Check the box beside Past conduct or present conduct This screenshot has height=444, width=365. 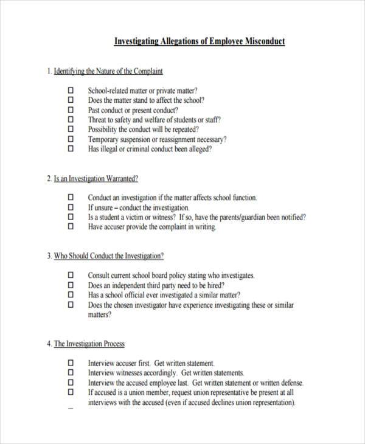(x=71, y=110)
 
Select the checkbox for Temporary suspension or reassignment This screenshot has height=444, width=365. (x=71, y=139)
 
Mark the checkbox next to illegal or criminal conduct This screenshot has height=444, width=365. (x=71, y=148)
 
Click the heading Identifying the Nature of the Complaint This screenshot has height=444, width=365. (x=108, y=71)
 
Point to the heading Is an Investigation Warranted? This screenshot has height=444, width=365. (x=96, y=179)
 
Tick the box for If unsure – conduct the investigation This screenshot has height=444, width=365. (x=71, y=207)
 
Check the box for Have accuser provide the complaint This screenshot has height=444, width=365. (x=71, y=226)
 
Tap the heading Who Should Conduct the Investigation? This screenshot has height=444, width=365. (x=109, y=256)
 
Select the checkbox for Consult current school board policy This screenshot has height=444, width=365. (x=71, y=276)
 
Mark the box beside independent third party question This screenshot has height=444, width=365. (x=71, y=285)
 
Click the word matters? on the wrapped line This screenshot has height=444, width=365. (x=100, y=314)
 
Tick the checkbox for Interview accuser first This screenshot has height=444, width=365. (x=71, y=362)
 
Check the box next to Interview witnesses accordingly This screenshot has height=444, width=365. (x=71, y=372)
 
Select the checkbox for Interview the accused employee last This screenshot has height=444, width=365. (x=71, y=383)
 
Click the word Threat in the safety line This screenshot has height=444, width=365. (x=97, y=120)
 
